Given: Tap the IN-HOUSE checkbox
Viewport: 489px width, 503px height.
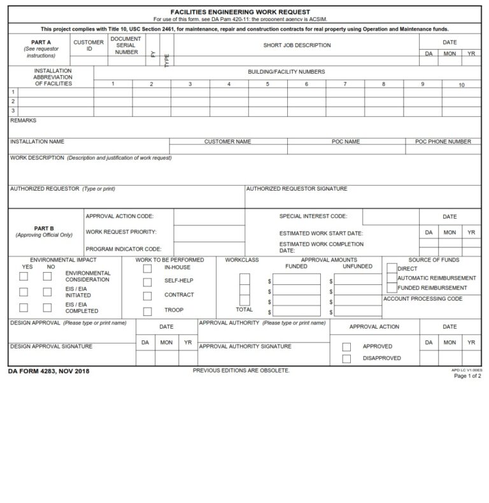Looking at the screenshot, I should tap(148, 268).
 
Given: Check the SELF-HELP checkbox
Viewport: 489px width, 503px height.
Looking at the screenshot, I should tap(148, 282).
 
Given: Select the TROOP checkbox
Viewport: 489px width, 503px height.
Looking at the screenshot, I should tap(148, 312).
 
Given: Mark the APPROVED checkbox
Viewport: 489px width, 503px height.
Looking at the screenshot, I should tap(347, 347).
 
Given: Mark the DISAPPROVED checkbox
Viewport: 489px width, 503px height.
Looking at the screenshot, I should tap(347, 359).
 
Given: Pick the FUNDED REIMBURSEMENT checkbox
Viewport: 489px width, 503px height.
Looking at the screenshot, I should tap(392, 288).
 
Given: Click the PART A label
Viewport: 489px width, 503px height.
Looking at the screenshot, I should tap(40, 43).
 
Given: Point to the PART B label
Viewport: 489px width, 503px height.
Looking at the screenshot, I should tap(44, 228).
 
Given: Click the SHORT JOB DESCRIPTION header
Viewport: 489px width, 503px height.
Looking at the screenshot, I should tap(297, 46).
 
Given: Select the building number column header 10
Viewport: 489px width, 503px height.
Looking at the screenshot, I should tap(462, 85).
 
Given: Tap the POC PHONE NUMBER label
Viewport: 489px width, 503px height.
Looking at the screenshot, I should tap(443, 142).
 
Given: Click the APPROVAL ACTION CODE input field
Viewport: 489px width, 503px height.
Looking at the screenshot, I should tap(209, 217).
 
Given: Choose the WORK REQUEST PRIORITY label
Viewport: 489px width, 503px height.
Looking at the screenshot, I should tap(121, 232).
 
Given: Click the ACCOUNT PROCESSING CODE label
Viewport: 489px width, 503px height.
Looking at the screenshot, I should tap(423, 299).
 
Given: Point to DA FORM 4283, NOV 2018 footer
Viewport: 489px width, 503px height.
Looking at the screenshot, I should tap(49, 371).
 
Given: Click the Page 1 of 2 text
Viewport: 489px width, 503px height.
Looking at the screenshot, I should tap(467, 376).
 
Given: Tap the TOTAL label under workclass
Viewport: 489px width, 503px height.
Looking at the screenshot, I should tap(244, 310).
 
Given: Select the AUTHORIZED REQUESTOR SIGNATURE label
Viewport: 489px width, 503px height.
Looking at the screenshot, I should tap(297, 189).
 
